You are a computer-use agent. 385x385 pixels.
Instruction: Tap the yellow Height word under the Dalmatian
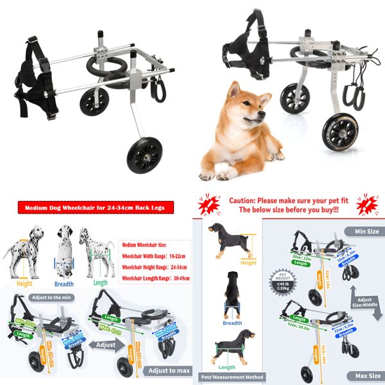(x=24, y=284)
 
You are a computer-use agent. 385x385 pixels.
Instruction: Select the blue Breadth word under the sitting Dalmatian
(x=64, y=284)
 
